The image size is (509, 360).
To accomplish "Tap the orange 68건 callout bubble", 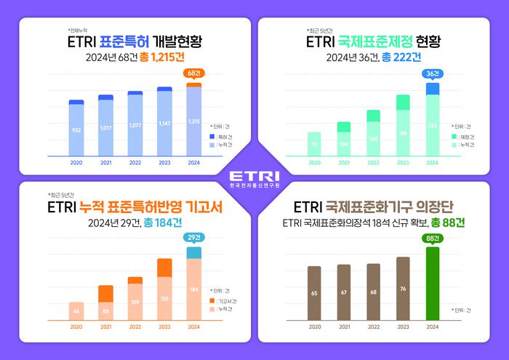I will click(193, 73).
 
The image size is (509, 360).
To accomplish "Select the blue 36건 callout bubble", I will click(432, 73).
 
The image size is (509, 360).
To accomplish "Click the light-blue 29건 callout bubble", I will click(193, 238).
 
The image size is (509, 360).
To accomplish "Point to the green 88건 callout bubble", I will click(432, 238).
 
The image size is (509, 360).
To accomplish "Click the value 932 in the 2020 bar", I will click(76, 130).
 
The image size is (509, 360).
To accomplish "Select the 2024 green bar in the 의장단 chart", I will click(432, 284).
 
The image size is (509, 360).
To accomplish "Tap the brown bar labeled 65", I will click(314, 293).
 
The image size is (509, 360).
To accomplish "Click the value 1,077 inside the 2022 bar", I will click(135, 125).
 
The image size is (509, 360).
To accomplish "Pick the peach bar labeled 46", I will click(76, 311).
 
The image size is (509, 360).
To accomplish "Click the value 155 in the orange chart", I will click(164, 298).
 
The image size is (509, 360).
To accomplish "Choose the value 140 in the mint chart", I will click(373, 138).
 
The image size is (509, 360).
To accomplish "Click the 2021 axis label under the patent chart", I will click(105, 164).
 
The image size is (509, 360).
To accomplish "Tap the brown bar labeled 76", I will click(403, 288).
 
